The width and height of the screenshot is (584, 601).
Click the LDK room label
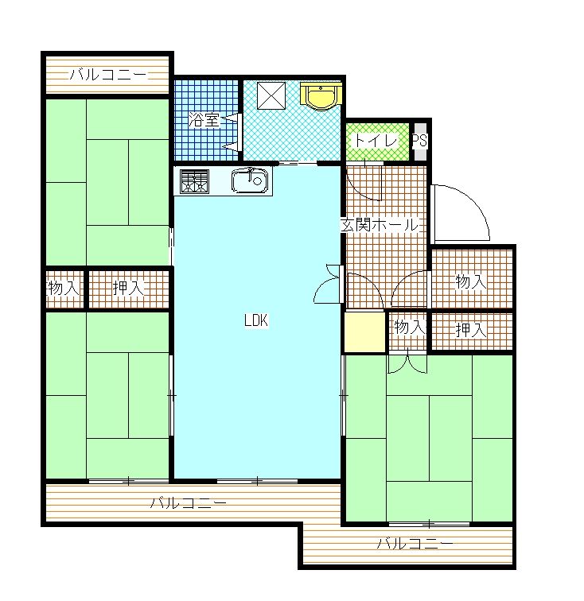click(x=256, y=320)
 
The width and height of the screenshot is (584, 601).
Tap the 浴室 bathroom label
click(x=204, y=120)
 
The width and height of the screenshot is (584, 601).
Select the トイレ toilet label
click(x=376, y=140)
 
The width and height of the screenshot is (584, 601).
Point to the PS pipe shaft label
click(x=420, y=140)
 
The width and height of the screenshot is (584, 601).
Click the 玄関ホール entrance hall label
click(x=379, y=225)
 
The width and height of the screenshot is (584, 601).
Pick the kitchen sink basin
click(x=249, y=180)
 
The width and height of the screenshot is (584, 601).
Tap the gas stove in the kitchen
click(x=195, y=181)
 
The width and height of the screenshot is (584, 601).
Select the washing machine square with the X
click(x=271, y=96)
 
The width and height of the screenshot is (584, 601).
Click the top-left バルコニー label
click(x=108, y=75)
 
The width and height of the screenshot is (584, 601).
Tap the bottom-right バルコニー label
click(x=415, y=544)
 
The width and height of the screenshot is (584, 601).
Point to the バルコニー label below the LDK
click(x=188, y=502)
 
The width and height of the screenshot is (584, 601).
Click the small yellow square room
click(x=364, y=332)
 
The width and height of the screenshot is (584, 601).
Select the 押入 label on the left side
click(x=129, y=288)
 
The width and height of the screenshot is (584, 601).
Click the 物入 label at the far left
click(x=64, y=288)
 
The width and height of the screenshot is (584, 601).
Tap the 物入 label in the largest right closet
click(x=471, y=282)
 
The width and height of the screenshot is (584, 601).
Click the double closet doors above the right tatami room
click(x=407, y=364)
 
